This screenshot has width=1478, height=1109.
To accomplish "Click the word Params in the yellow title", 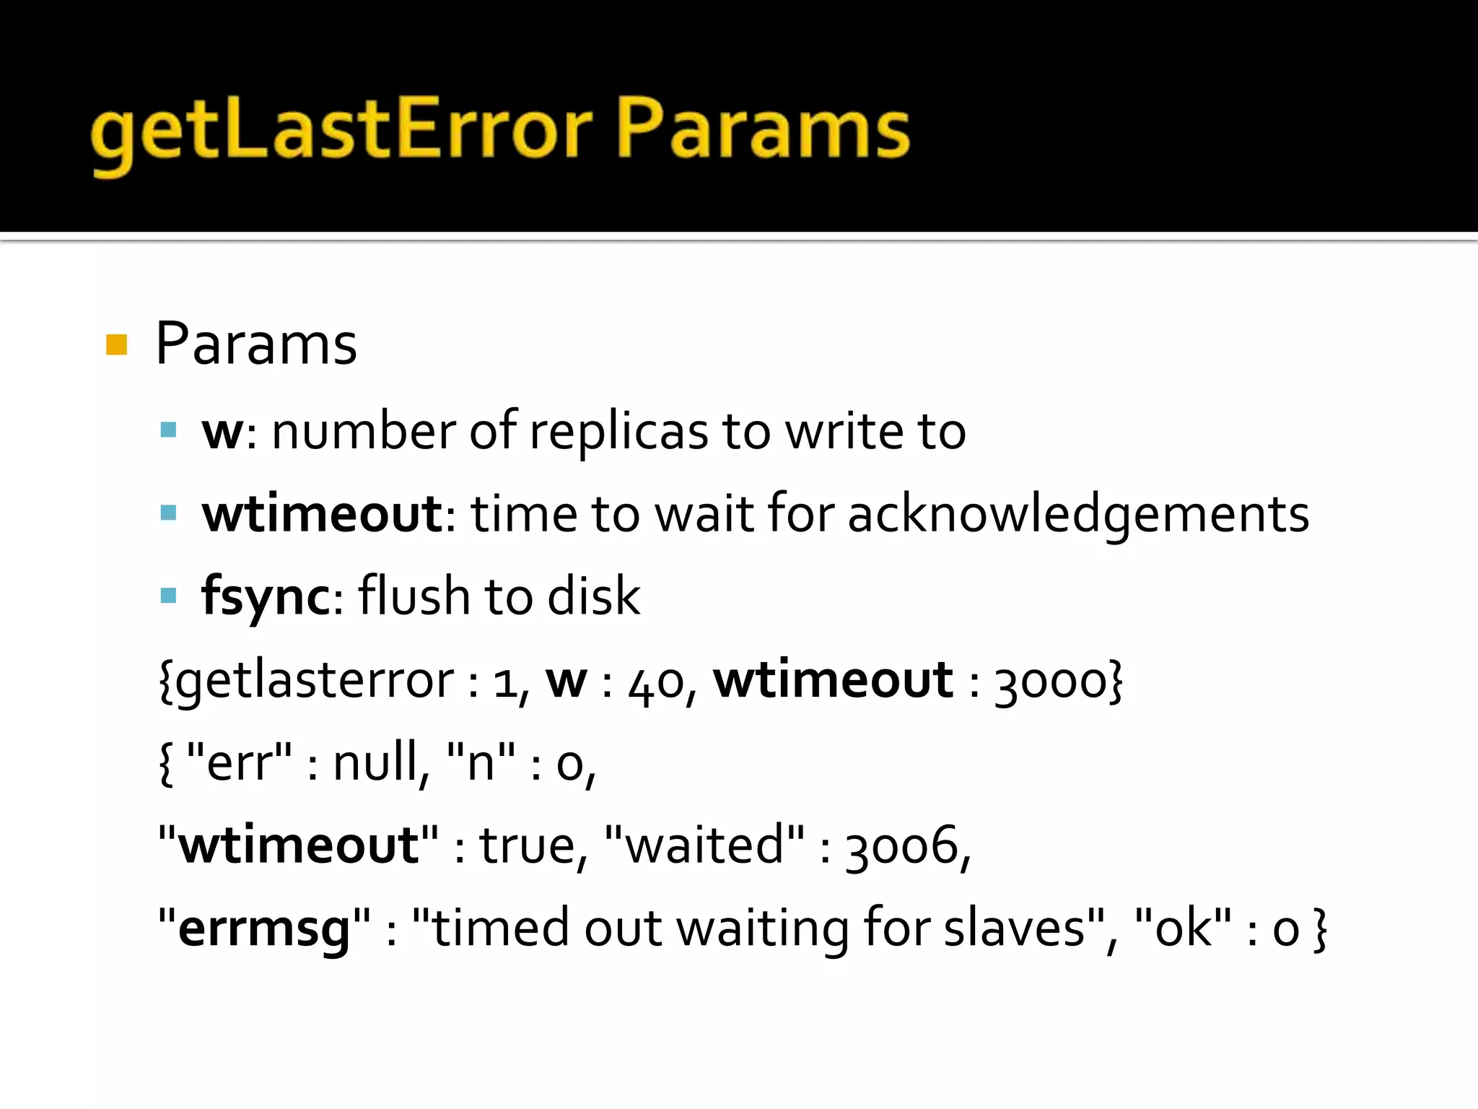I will tap(763, 134).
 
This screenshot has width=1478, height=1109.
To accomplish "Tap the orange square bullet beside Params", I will tap(116, 345).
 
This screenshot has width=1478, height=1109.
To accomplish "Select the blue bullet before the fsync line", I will tap(169, 596).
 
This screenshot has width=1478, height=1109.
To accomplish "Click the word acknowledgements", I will tap(1078, 514).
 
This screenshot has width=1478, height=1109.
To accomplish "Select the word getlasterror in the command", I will tap(314, 681).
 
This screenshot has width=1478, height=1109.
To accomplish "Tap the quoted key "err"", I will tap(239, 763).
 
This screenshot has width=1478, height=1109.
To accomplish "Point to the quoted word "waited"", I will tap(704, 845).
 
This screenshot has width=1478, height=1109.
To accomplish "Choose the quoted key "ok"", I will tap(1184, 928).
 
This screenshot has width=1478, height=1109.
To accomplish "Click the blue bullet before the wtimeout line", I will tap(169, 513).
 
